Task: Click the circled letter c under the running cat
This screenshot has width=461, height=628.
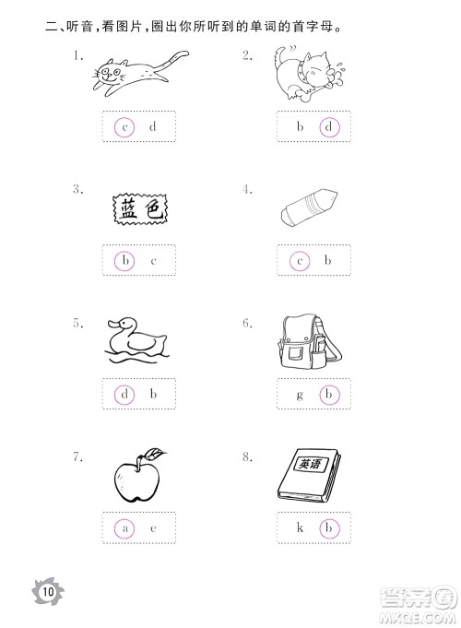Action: (x=124, y=127)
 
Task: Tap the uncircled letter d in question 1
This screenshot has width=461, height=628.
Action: (x=153, y=126)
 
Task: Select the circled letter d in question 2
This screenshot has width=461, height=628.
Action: (x=329, y=127)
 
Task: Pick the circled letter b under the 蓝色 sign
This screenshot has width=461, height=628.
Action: (x=124, y=261)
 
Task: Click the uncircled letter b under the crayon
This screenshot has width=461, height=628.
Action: (x=327, y=260)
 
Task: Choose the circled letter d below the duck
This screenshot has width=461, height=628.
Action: (x=124, y=395)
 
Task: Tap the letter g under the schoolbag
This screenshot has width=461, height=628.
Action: (x=300, y=396)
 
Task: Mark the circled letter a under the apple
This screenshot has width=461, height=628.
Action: (x=124, y=528)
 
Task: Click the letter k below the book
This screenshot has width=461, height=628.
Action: (x=300, y=527)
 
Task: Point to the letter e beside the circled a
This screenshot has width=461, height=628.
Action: (x=153, y=528)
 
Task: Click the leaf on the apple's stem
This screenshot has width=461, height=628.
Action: (x=156, y=453)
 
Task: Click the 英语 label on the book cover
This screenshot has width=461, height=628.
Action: (x=311, y=464)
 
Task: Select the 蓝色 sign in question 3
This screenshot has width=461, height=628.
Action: (x=139, y=209)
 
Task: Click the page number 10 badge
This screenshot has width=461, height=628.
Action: (x=48, y=591)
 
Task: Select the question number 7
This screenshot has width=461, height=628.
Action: (x=77, y=456)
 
